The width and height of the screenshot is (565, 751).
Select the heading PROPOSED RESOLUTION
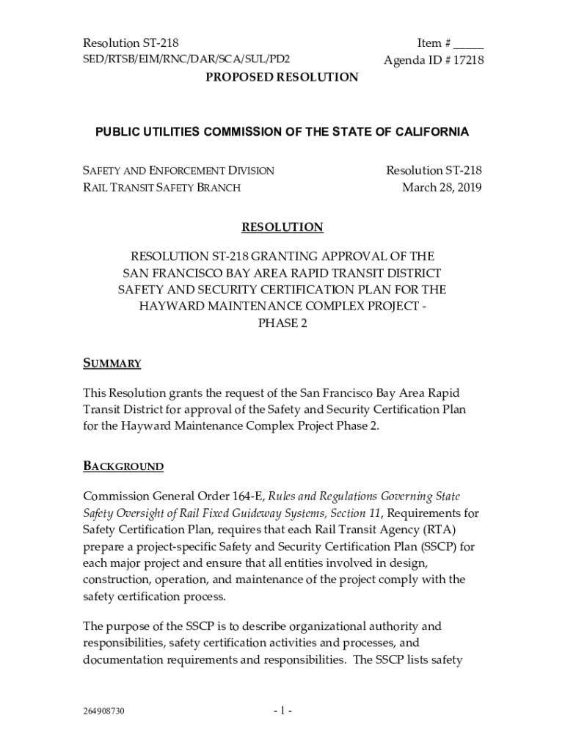tap(282, 78)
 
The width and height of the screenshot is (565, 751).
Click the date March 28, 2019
tap(442, 188)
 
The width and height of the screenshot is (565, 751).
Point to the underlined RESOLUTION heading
tap(282, 227)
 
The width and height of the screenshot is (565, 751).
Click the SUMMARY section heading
tap(112, 364)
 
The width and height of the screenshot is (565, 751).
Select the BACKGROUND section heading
tap(123, 466)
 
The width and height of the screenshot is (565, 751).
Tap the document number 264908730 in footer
tap(103, 711)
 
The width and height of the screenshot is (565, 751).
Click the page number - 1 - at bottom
tap(282, 711)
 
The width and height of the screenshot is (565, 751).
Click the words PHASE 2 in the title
tap(282, 323)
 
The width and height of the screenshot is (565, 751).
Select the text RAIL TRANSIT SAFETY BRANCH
tap(161, 188)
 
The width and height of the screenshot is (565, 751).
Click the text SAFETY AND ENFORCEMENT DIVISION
tap(178, 171)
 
